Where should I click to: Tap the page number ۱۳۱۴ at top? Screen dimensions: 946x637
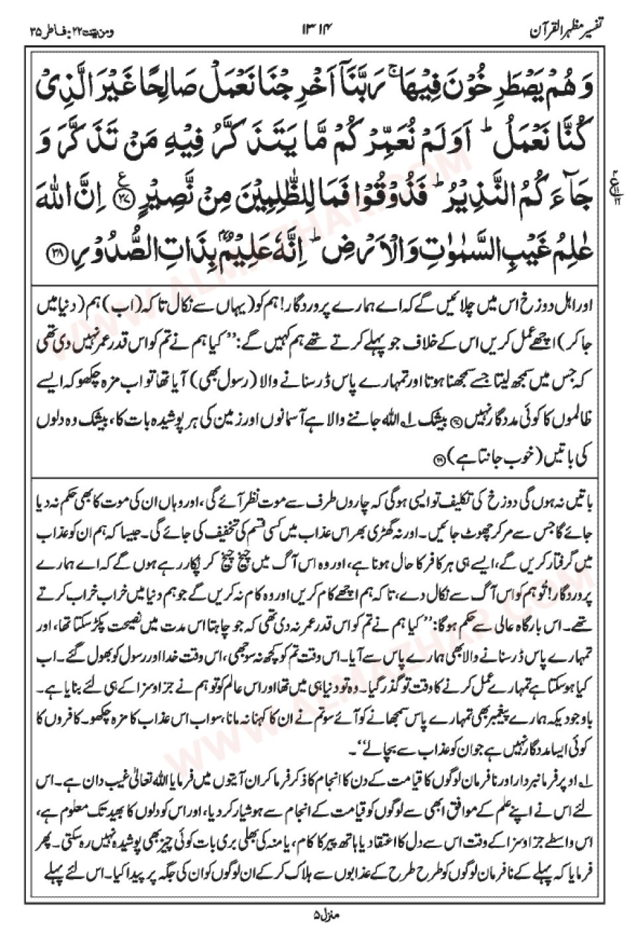[x=319, y=30]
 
